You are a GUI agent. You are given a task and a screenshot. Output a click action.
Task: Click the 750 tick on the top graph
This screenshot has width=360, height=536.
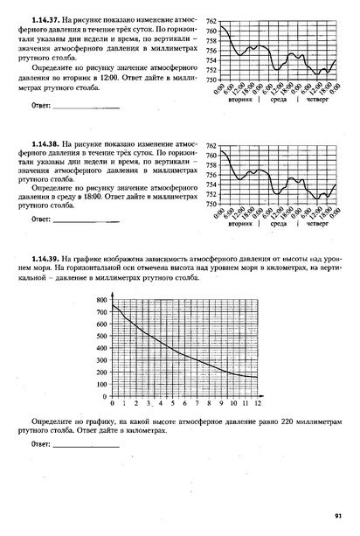coord(211,80)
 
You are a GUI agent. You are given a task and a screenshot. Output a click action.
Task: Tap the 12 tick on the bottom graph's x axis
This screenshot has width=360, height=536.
coord(258,405)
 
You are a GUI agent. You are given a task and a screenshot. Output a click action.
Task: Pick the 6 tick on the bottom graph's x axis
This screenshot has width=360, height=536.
coord(185,405)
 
